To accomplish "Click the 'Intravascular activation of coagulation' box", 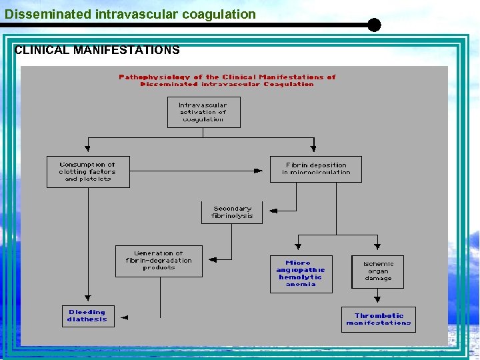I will point(203,112).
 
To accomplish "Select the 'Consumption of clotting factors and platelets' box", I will point(88,171).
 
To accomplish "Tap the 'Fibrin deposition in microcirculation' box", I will point(317,169).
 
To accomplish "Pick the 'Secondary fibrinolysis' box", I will point(232,212).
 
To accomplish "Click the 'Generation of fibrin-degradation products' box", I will point(159,261).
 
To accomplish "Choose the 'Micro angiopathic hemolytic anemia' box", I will point(301,273).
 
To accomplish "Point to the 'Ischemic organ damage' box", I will point(378,271).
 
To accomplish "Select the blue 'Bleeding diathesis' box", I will point(87,315).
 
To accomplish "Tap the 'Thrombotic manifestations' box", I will point(379,319).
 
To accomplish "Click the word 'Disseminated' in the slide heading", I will point(38,14).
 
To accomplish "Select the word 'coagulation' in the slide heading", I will point(223,14).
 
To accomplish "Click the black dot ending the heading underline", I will point(374,25).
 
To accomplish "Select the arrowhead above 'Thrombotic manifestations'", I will point(378,299).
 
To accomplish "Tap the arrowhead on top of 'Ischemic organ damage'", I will point(378,249).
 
